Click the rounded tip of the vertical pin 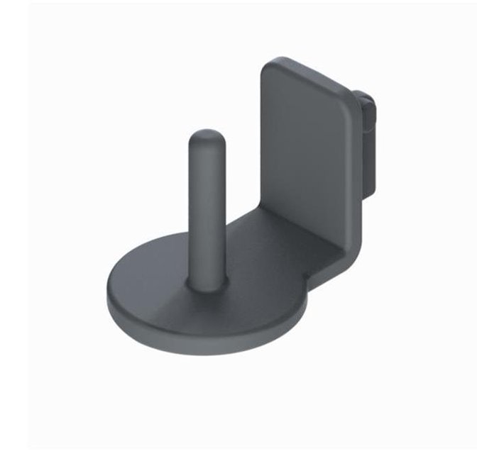[x=205, y=135]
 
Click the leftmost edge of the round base [x=108, y=298]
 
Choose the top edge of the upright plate [x=309, y=76]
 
